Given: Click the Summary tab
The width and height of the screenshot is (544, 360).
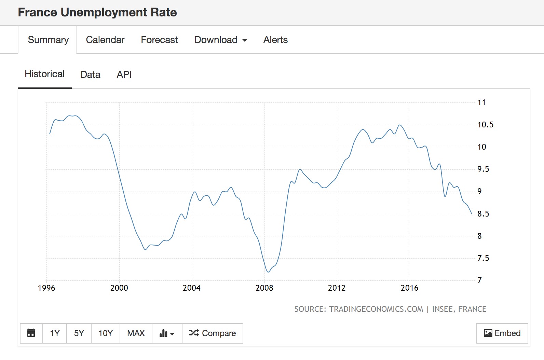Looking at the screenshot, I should [x=48, y=40].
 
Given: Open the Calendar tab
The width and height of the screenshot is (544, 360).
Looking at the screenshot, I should [x=105, y=40].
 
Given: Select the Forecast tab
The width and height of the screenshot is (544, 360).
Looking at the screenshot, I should [x=159, y=40].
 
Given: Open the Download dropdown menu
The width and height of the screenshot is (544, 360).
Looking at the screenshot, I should [x=221, y=40].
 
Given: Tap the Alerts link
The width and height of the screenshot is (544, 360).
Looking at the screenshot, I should [x=275, y=40].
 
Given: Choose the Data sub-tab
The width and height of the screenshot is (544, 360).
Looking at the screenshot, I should [x=90, y=74].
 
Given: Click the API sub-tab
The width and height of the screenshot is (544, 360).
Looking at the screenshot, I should [x=124, y=74].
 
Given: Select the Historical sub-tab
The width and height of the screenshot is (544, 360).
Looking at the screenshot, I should [x=44, y=74].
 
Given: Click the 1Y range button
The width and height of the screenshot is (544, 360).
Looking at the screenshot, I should [x=55, y=333].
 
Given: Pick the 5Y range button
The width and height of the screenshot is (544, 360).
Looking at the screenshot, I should [x=79, y=333].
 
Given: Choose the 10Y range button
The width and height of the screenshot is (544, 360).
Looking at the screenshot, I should [x=105, y=333].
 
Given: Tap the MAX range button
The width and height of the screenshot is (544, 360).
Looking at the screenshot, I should [x=136, y=333].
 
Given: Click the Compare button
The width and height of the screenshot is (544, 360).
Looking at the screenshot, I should [x=213, y=333].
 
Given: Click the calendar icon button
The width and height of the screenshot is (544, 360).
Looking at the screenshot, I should [x=31, y=333].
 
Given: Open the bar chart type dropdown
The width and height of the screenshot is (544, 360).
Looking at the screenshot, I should [x=167, y=333].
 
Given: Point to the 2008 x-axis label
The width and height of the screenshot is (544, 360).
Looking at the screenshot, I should [x=264, y=288].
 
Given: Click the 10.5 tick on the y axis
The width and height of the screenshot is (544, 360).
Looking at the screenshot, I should [x=485, y=125].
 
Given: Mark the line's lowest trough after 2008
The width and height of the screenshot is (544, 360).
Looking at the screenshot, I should [x=268, y=272].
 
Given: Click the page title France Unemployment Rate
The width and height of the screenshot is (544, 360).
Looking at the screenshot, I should [x=97, y=12].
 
